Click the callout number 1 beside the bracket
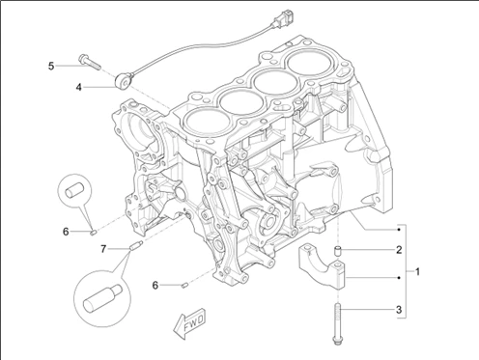coord(417,272)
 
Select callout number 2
coord(399,250)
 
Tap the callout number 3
coord(399,310)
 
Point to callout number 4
coord(79,87)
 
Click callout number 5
coord(51,67)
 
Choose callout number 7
coord(103,249)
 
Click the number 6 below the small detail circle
coord(66,232)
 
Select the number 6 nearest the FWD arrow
coord(155,285)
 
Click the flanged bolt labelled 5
coord(89,62)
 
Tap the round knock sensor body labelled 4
coord(122,80)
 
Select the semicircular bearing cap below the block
coord(322,265)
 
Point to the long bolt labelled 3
coord(337,324)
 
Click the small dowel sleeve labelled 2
coord(338,251)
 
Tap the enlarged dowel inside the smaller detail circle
coord(74,189)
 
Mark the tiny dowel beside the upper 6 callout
coord(94,232)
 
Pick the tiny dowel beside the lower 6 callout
coord(184,285)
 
